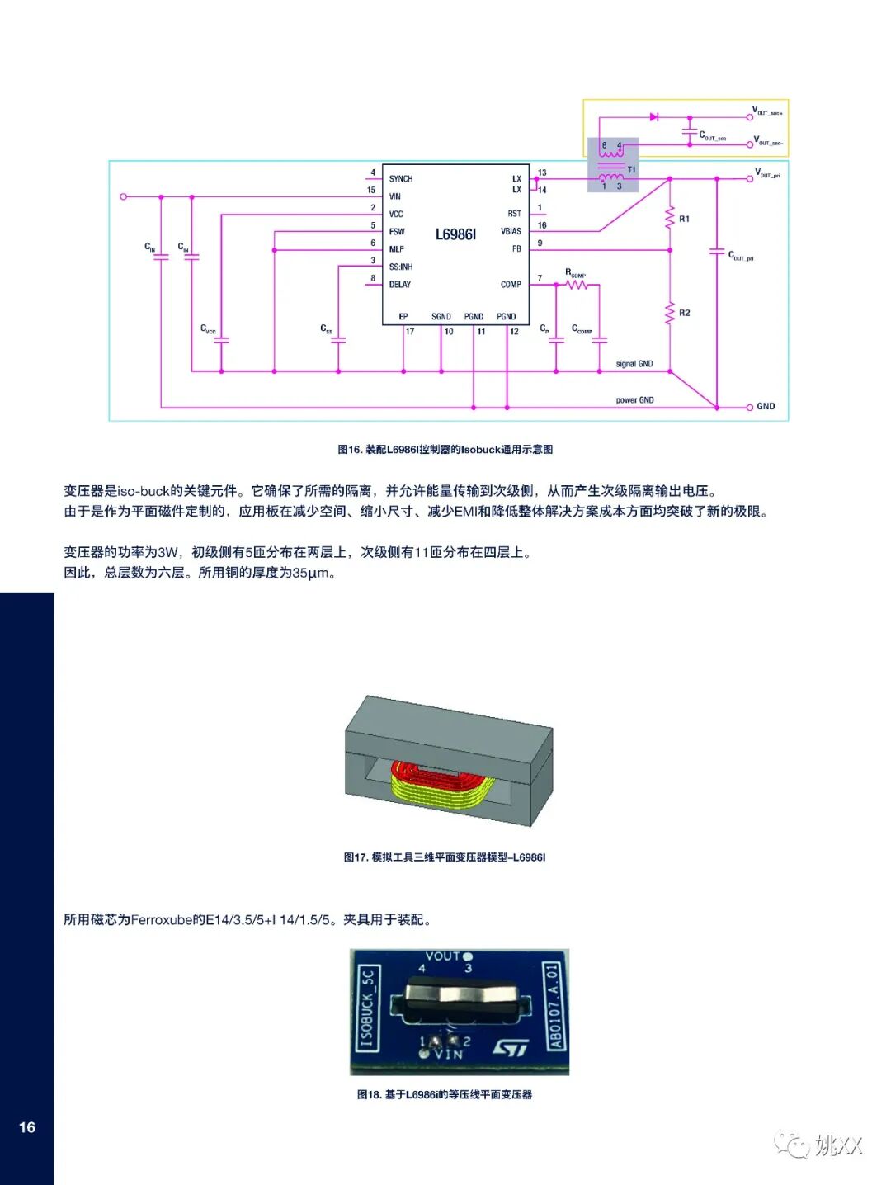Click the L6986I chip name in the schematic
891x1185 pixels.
[x=455, y=234]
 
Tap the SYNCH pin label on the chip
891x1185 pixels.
[x=401, y=179]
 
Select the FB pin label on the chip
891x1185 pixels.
[x=516, y=248]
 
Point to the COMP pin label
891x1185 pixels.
[x=511, y=285]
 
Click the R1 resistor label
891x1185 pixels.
[x=684, y=219]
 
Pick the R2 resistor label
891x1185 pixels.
[x=684, y=313]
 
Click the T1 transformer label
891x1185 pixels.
[x=632, y=170]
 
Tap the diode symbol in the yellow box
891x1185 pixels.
[x=653, y=117]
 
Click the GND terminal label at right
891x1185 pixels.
[x=766, y=407]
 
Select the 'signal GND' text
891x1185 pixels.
[x=634, y=364]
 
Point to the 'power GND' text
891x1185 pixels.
[x=634, y=400]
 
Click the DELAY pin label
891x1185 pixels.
[x=400, y=285]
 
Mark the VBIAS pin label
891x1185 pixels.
[x=511, y=231]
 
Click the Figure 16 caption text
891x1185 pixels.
[x=445, y=450]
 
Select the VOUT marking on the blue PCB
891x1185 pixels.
[x=442, y=956]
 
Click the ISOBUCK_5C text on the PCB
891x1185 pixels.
[x=367, y=1008]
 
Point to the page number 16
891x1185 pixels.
[x=27, y=1127]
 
